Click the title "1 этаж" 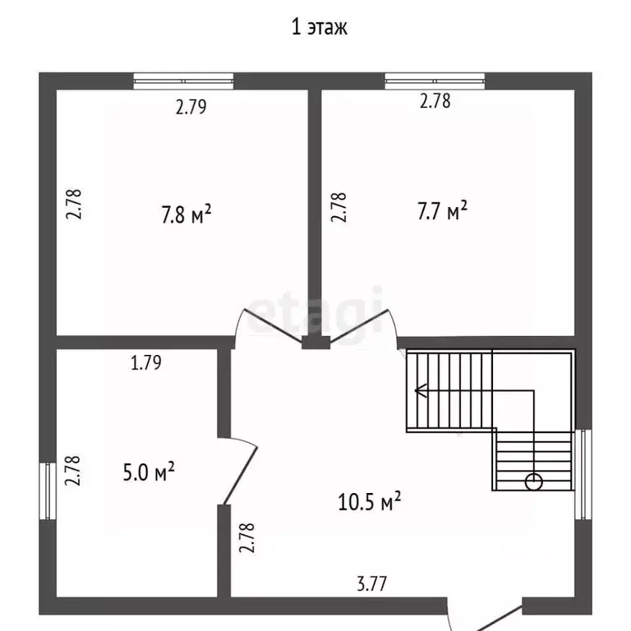click(x=319, y=27)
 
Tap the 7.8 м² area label click(x=187, y=214)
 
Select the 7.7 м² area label click(x=442, y=210)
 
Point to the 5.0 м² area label click(x=149, y=472)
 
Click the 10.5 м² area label click(x=369, y=501)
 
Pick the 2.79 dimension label click(x=191, y=107)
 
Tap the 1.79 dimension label click(x=146, y=362)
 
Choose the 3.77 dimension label click(x=372, y=584)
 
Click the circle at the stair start click(x=533, y=481)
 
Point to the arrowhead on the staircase click(x=421, y=390)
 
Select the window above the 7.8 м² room click(x=183, y=81)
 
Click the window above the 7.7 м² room click(x=435, y=81)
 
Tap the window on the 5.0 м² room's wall click(x=48, y=491)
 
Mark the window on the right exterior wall click(x=583, y=474)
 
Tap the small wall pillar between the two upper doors click(x=315, y=343)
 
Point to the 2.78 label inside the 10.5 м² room click(x=247, y=537)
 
